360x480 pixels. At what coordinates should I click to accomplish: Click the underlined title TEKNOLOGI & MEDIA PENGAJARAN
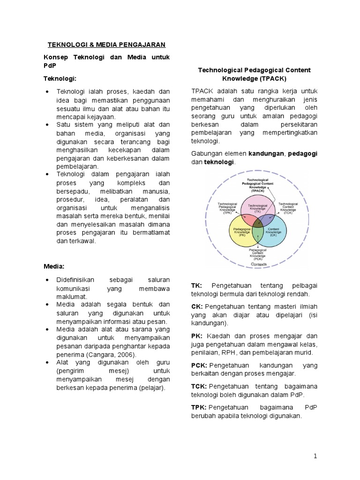(x=106, y=45)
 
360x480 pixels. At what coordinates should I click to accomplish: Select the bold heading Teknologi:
(x=60, y=78)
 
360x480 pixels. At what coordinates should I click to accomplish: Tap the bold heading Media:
(x=53, y=266)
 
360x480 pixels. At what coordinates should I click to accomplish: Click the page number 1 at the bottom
(x=315, y=456)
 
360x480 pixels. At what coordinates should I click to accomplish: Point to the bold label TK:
(x=196, y=285)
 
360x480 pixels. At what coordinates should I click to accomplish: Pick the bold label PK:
(x=196, y=336)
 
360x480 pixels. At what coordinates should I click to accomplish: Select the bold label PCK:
(x=199, y=365)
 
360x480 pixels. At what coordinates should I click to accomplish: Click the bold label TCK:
(x=199, y=386)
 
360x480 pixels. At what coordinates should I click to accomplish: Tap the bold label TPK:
(x=199, y=407)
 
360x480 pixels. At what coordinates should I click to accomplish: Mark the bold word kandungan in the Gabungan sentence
(x=266, y=153)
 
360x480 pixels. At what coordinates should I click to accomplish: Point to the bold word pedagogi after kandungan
(x=302, y=153)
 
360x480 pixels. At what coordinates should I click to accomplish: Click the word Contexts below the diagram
(x=259, y=265)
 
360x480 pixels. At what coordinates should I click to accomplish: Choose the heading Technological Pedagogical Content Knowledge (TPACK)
(x=255, y=74)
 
